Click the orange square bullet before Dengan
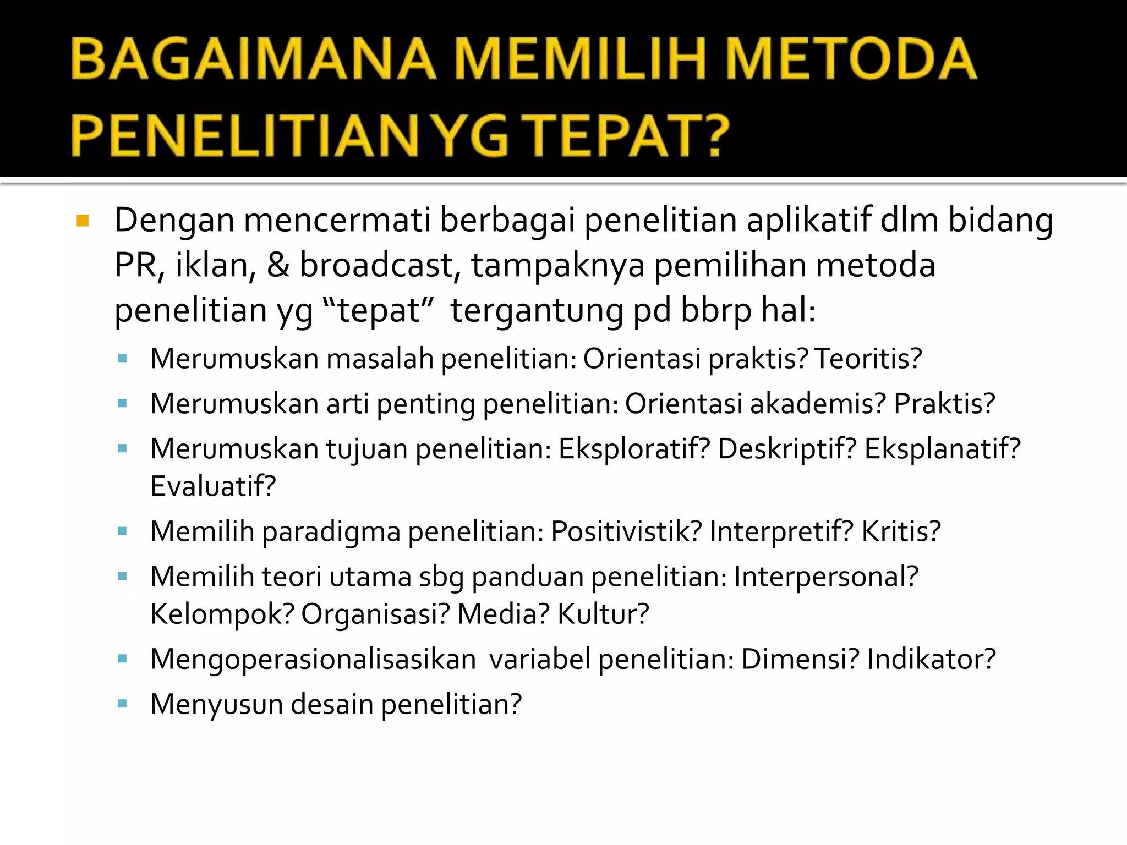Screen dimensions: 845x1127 coord(83,221)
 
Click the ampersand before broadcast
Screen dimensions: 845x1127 coord(278,265)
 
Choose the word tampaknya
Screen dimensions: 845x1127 coord(557,266)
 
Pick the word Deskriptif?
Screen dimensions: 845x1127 coord(787,449)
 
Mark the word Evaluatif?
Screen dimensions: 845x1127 coord(213,486)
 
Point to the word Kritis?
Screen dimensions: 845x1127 coord(901,531)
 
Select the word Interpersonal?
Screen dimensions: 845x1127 coord(826,577)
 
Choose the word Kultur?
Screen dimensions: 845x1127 coord(603,614)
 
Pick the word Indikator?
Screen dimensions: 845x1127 coord(931,659)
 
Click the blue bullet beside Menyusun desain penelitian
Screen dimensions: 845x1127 coord(122,704)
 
